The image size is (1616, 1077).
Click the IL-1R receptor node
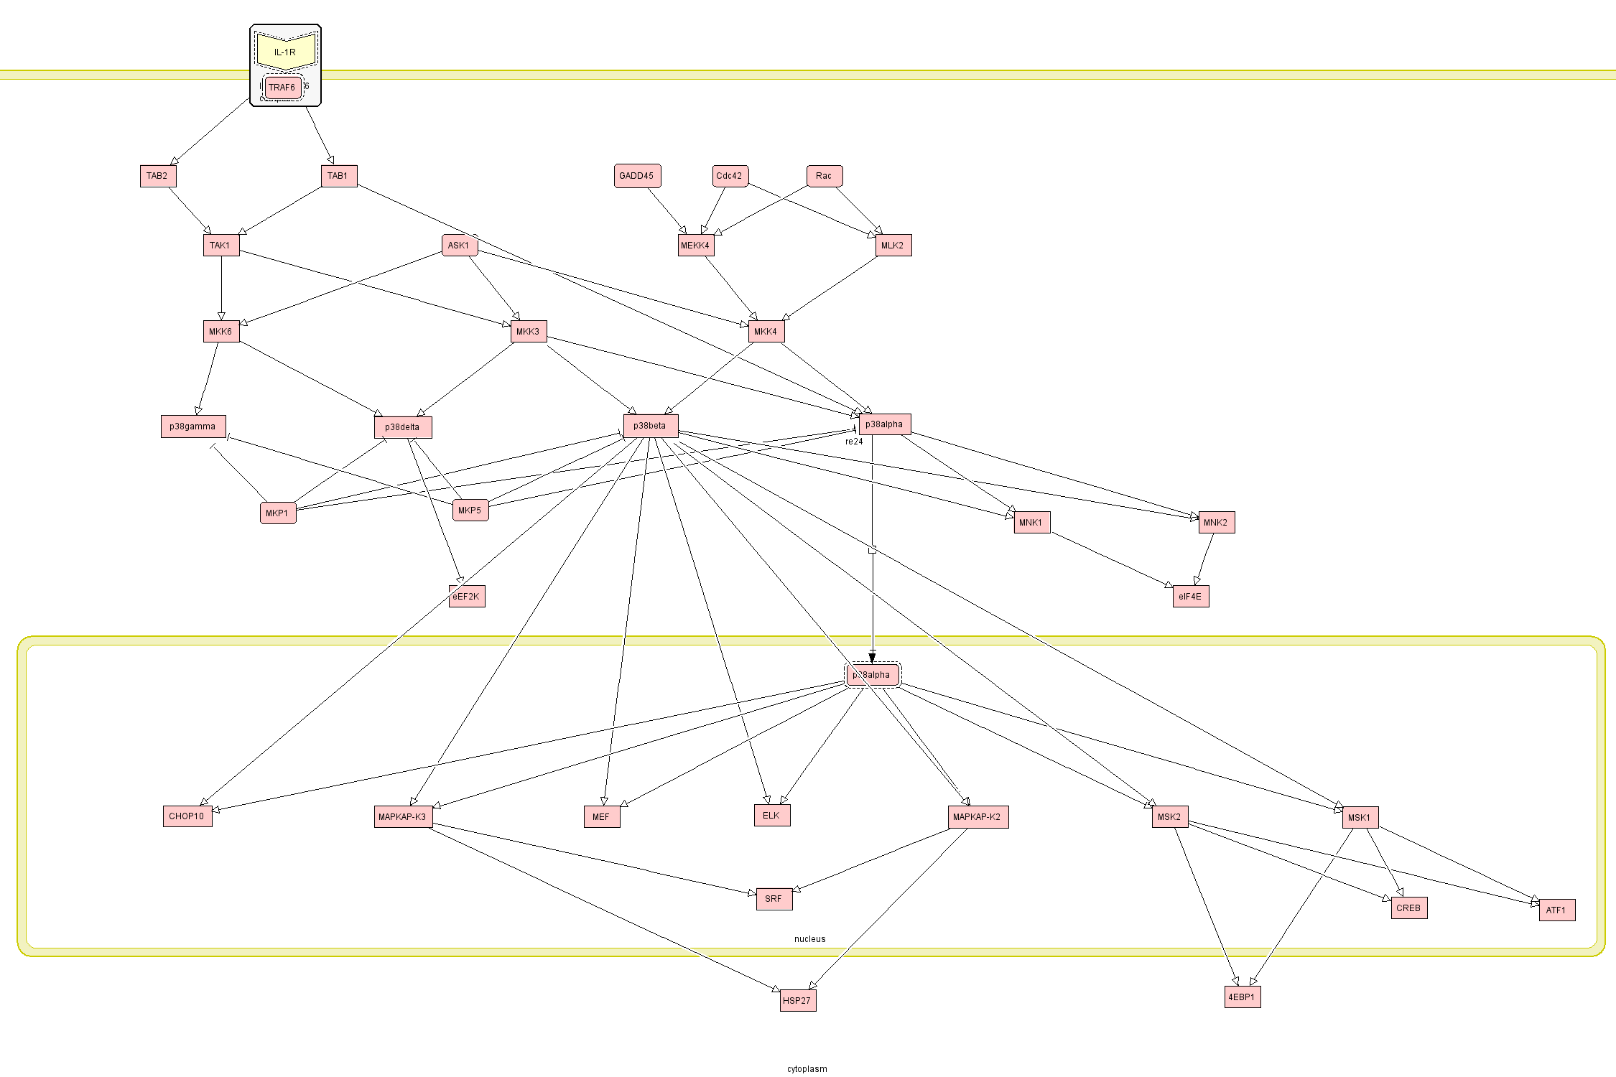pyautogui.click(x=286, y=52)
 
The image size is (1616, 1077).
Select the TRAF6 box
pyautogui.click(x=282, y=88)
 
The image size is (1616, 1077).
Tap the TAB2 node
pyautogui.click(x=158, y=176)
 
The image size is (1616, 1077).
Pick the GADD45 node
pyautogui.click(x=637, y=176)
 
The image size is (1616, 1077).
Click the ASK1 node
pyautogui.click(x=459, y=246)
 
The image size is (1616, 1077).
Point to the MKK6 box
pyautogui.click(x=221, y=332)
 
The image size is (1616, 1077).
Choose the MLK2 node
pyautogui.click(x=893, y=246)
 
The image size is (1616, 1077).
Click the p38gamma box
pyautogui.click(x=193, y=426)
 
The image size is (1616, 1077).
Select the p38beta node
pyautogui.click(x=650, y=426)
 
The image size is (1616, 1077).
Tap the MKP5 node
pyautogui.click(x=470, y=510)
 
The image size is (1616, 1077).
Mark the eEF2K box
pyautogui.click(x=467, y=597)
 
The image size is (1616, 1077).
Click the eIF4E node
pyautogui.click(x=1190, y=597)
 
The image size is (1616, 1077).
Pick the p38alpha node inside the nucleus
pyautogui.click(x=872, y=675)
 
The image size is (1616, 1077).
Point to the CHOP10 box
pyautogui.click(x=187, y=816)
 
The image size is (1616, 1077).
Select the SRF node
pyautogui.click(x=774, y=899)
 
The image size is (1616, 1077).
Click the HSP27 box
pyautogui.click(x=797, y=1001)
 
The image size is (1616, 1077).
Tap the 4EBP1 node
pyautogui.click(x=1242, y=997)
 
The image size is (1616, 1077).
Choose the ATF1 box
pyautogui.click(x=1556, y=910)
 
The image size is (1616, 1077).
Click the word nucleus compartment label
pyautogui.click(x=809, y=939)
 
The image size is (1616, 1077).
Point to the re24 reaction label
pyautogui.click(x=854, y=442)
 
